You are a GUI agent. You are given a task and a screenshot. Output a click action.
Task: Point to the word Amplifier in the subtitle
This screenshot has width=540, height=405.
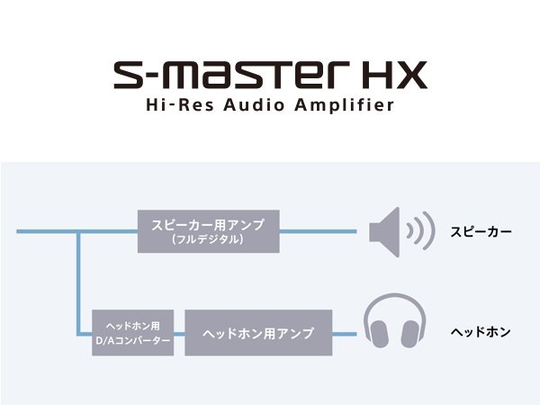click(x=344, y=105)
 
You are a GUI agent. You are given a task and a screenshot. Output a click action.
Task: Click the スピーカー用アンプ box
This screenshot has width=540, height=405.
click(x=209, y=231)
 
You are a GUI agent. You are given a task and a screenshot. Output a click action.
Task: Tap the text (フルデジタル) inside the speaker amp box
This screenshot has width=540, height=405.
click(x=208, y=239)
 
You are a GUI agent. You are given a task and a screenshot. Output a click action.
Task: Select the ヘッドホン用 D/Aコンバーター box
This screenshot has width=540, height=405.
click(x=132, y=333)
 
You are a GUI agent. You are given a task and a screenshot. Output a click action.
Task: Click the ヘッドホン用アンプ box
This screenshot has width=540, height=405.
click(x=258, y=333)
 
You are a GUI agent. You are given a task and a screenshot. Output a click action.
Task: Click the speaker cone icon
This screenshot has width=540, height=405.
click(x=384, y=232)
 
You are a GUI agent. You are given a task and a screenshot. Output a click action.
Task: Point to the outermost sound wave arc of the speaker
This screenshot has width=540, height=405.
click(x=428, y=230)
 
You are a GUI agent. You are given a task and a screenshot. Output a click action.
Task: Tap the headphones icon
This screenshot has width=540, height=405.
click(x=395, y=320)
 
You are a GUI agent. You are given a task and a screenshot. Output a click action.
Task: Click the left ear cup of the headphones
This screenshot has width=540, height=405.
click(x=379, y=334)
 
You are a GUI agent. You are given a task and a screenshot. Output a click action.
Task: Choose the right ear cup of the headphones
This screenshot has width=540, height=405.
click(x=410, y=334)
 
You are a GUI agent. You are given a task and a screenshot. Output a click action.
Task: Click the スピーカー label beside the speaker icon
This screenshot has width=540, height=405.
click(x=481, y=232)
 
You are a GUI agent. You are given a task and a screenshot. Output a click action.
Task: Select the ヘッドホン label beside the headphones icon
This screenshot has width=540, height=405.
click(x=481, y=332)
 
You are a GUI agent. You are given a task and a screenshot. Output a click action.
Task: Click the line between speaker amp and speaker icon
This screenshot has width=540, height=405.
click(x=318, y=231)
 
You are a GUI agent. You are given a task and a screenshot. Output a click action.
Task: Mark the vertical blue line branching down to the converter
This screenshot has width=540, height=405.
click(x=79, y=283)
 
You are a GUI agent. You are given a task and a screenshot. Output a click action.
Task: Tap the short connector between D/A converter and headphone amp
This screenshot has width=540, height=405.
click(x=179, y=334)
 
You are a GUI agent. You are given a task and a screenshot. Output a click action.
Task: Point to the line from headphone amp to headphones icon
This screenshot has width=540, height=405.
click(x=345, y=334)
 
